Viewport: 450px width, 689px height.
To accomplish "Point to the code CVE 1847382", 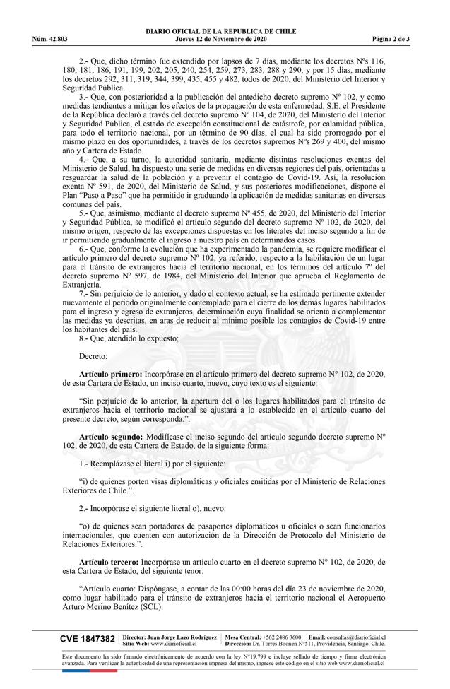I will coord(88,639).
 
